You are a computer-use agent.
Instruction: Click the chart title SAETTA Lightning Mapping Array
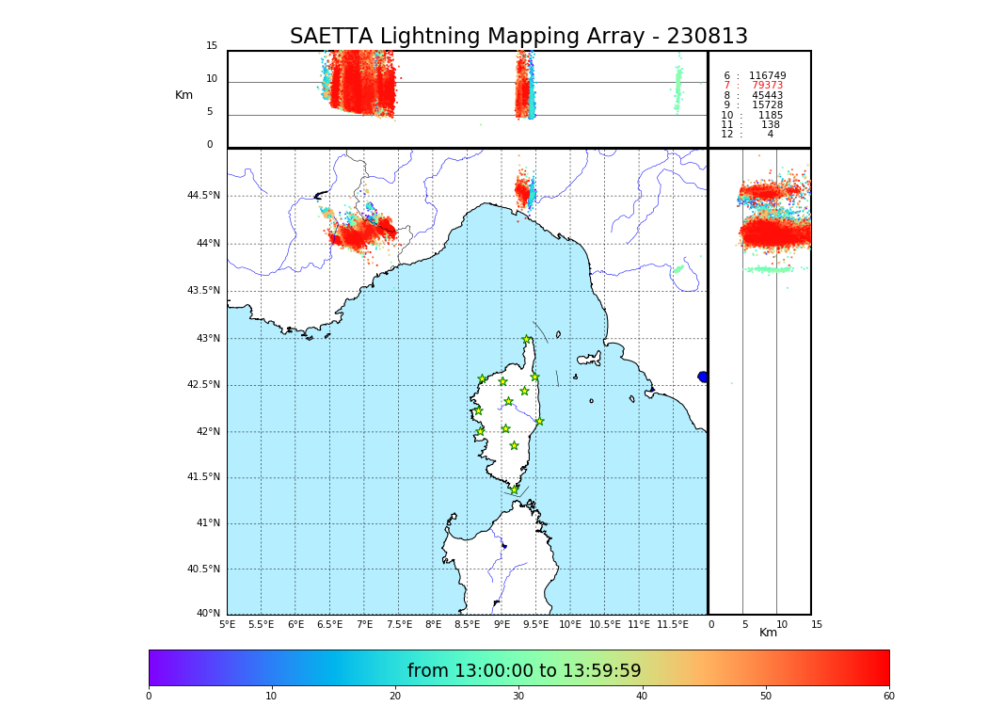[x=518, y=37]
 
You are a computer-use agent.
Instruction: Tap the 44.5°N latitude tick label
[x=203, y=196]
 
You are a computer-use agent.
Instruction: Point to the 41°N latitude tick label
[x=207, y=523]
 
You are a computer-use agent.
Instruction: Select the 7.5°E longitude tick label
[x=399, y=624]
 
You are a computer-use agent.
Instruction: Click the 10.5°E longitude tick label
[x=605, y=624]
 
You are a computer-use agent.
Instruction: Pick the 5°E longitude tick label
[x=227, y=624]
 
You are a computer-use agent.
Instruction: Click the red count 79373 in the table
[x=767, y=86]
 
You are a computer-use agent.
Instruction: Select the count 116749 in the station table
[x=767, y=76]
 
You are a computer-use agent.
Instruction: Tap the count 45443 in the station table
[x=767, y=95]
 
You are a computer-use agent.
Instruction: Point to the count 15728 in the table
[x=767, y=105]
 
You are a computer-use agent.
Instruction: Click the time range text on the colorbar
[x=524, y=671]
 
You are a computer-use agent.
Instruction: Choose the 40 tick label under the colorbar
[x=642, y=697]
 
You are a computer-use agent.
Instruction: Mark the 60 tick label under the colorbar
[x=888, y=697]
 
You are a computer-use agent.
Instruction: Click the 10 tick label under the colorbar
[x=271, y=697]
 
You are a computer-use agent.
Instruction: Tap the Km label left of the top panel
[x=183, y=95]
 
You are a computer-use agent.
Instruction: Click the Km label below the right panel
[x=768, y=633]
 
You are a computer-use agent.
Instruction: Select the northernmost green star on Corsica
[x=527, y=340]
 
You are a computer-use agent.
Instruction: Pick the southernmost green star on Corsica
[x=515, y=490]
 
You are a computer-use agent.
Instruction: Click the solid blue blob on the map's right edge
[x=703, y=377]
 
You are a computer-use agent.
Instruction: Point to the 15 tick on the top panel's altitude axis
[x=212, y=46]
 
